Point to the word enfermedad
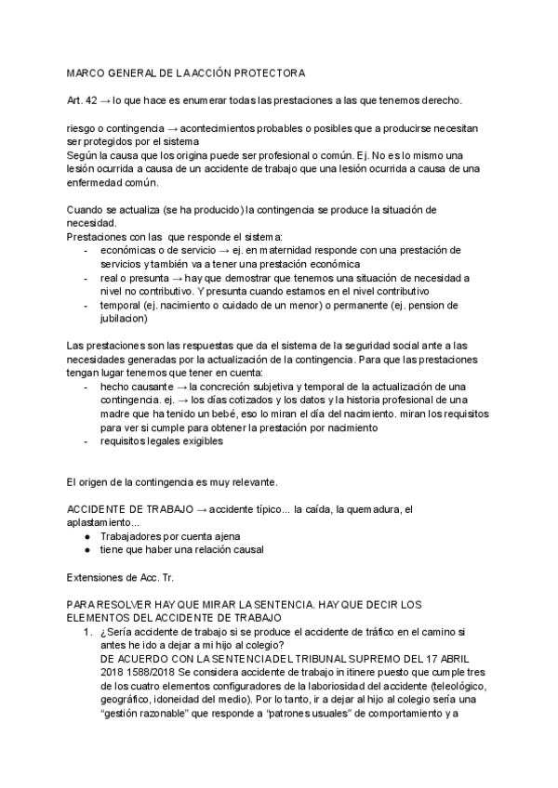point(100,182)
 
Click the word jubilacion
point(121,318)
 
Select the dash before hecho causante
point(87,385)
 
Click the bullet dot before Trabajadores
point(86,536)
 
